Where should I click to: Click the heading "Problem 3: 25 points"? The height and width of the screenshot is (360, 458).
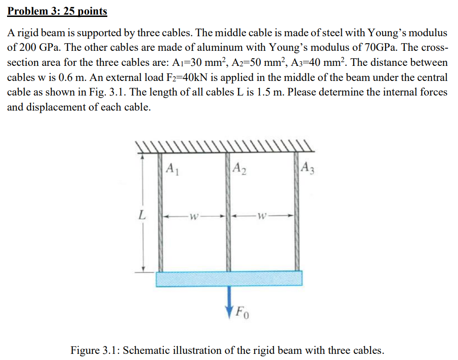(x=57, y=11)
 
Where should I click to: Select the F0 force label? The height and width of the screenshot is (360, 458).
(x=243, y=312)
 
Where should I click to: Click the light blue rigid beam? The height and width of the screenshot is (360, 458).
(x=230, y=279)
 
